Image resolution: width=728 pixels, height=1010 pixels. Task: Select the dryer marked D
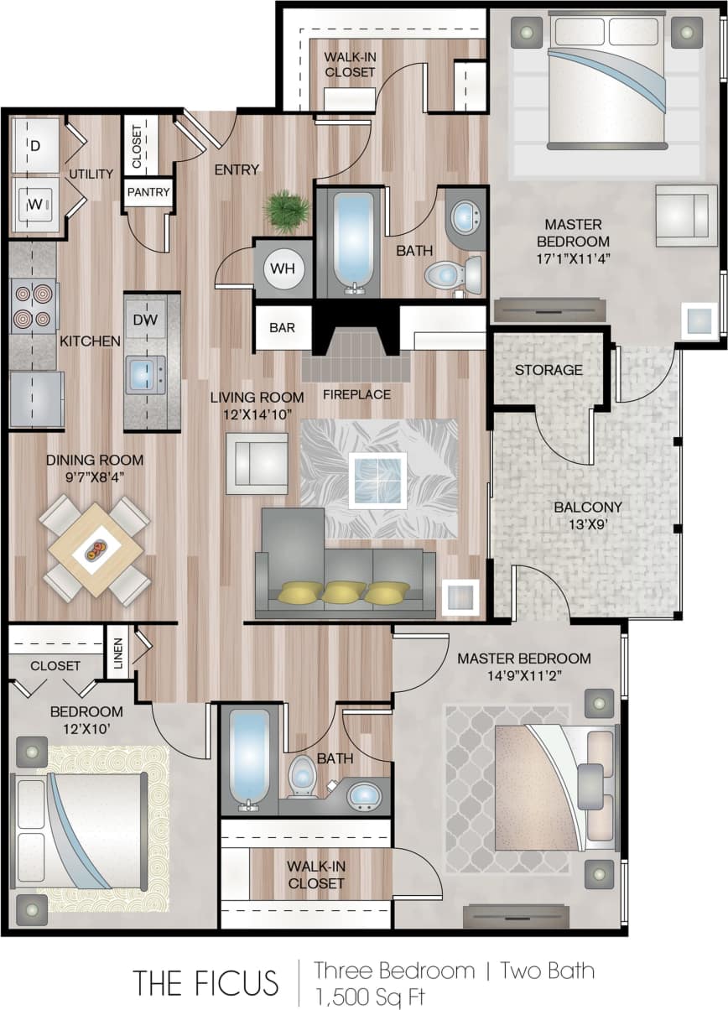click(35, 146)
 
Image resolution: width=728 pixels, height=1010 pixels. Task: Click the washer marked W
click(35, 204)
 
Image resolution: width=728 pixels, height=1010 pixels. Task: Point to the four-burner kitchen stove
click(33, 307)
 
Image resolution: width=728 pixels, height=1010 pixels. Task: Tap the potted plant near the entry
click(286, 212)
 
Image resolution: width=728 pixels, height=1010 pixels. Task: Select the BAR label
click(283, 327)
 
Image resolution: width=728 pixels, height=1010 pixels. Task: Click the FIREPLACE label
click(357, 394)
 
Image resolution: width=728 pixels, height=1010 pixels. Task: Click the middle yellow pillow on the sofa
click(344, 591)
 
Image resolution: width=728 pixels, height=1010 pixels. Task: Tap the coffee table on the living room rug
click(378, 480)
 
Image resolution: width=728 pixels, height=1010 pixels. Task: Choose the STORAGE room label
click(549, 370)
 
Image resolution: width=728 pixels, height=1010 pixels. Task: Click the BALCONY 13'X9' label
click(588, 515)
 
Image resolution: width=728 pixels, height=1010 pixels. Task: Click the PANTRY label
click(148, 192)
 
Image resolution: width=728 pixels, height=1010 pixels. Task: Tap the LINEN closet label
click(118, 651)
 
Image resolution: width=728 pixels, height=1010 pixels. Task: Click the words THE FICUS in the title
click(205, 981)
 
